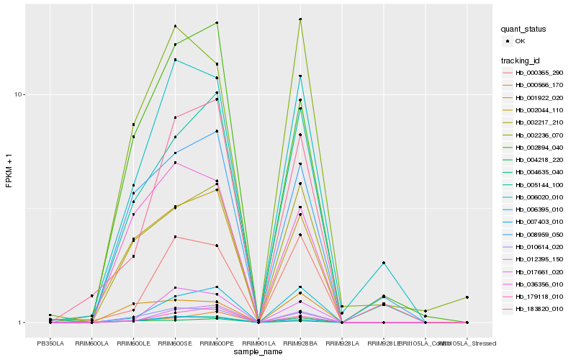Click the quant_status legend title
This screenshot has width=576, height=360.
524,30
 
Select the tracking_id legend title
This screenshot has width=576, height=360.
522,60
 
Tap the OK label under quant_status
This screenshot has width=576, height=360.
520,42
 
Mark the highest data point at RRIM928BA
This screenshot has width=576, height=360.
300,19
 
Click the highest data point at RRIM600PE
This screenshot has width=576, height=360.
217,23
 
